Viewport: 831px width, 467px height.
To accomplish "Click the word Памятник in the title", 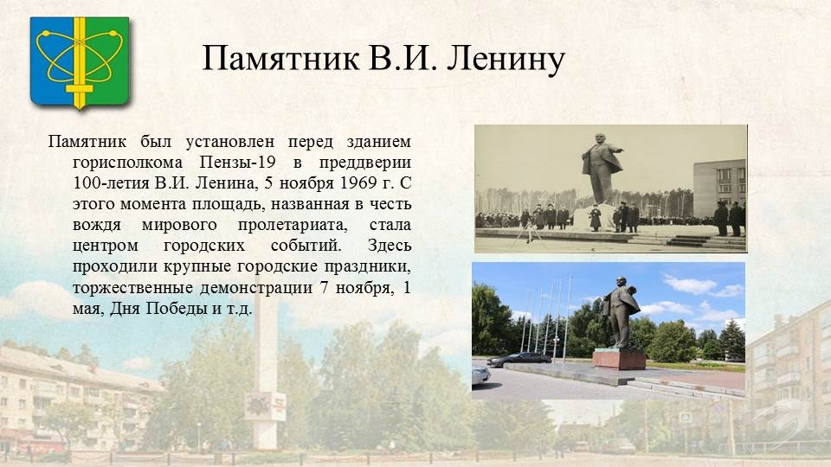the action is [280, 59].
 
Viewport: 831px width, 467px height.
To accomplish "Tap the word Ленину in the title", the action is [506, 59].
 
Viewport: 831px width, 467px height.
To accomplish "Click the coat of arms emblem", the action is [80, 62].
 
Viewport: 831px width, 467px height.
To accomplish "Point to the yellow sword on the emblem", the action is [80, 62].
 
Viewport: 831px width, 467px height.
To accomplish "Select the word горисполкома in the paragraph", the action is [128, 163].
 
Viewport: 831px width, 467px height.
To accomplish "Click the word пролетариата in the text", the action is [293, 225].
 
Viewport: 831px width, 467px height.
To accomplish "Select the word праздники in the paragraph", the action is [367, 266].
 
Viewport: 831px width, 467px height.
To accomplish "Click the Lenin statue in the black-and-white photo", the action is [601, 169].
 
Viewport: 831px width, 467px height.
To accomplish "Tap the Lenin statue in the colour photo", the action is [620, 312].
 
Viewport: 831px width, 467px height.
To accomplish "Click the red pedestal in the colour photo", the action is [619, 359].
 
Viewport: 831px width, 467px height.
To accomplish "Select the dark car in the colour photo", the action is [519, 360].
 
